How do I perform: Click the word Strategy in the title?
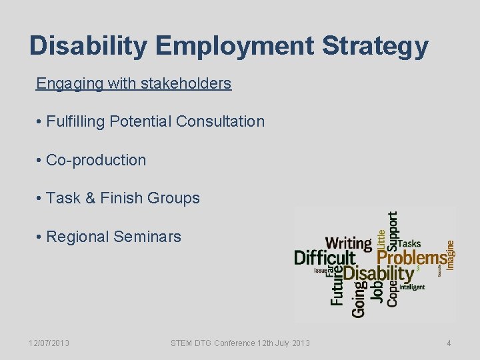[375, 47]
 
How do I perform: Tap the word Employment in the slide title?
[237, 47]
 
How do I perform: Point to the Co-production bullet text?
[95, 160]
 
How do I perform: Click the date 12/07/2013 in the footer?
[49, 343]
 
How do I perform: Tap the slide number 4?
[449, 343]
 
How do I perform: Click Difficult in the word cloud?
[325, 258]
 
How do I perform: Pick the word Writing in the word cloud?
[348, 243]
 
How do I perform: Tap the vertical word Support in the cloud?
[393, 231]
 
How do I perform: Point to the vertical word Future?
[337, 286]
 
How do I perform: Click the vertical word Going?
[359, 299]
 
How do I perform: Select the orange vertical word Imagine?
[451, 255]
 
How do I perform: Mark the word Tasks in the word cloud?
[409, 243]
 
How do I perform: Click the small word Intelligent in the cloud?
[413, 287]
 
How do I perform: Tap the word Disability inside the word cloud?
[378, 273]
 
